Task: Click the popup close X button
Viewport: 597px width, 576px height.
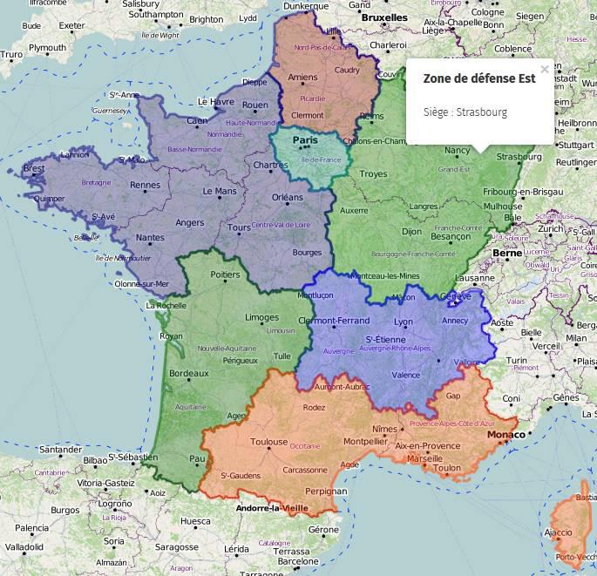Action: point(545,70)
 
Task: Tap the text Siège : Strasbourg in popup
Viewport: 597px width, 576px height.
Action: point(465,112)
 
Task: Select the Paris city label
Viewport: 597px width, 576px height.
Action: point(306,139)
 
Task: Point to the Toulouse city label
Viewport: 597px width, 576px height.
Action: point(269,442)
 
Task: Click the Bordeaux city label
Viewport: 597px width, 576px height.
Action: point(188,373)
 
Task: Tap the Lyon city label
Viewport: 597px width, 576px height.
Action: point(403,322)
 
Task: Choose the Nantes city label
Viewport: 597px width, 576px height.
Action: point(150,237)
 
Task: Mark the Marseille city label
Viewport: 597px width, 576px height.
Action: point(424,457)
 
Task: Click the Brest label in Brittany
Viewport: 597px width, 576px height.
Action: point(34,168)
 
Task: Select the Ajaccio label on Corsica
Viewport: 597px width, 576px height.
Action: point(558,532)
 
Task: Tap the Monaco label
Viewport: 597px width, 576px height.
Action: point(505,434)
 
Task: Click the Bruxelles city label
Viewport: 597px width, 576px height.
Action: point(383,17)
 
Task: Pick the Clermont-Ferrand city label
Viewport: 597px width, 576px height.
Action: point(334,321)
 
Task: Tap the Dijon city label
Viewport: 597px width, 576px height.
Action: point(411,232)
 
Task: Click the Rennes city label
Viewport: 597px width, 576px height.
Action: point(145,184)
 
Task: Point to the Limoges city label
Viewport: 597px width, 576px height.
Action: point(262,317)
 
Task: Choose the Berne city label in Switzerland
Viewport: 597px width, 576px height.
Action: point(507,253)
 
